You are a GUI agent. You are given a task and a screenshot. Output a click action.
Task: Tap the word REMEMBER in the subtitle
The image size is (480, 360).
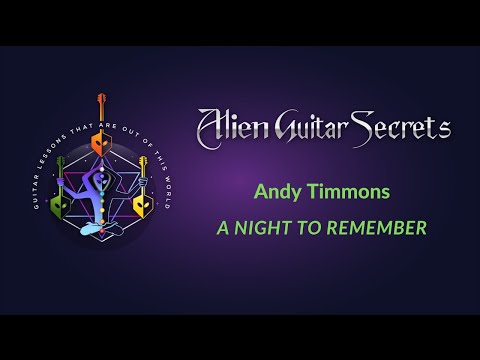[378, 228]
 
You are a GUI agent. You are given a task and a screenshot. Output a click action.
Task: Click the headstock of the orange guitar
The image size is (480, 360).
[100, 101]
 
